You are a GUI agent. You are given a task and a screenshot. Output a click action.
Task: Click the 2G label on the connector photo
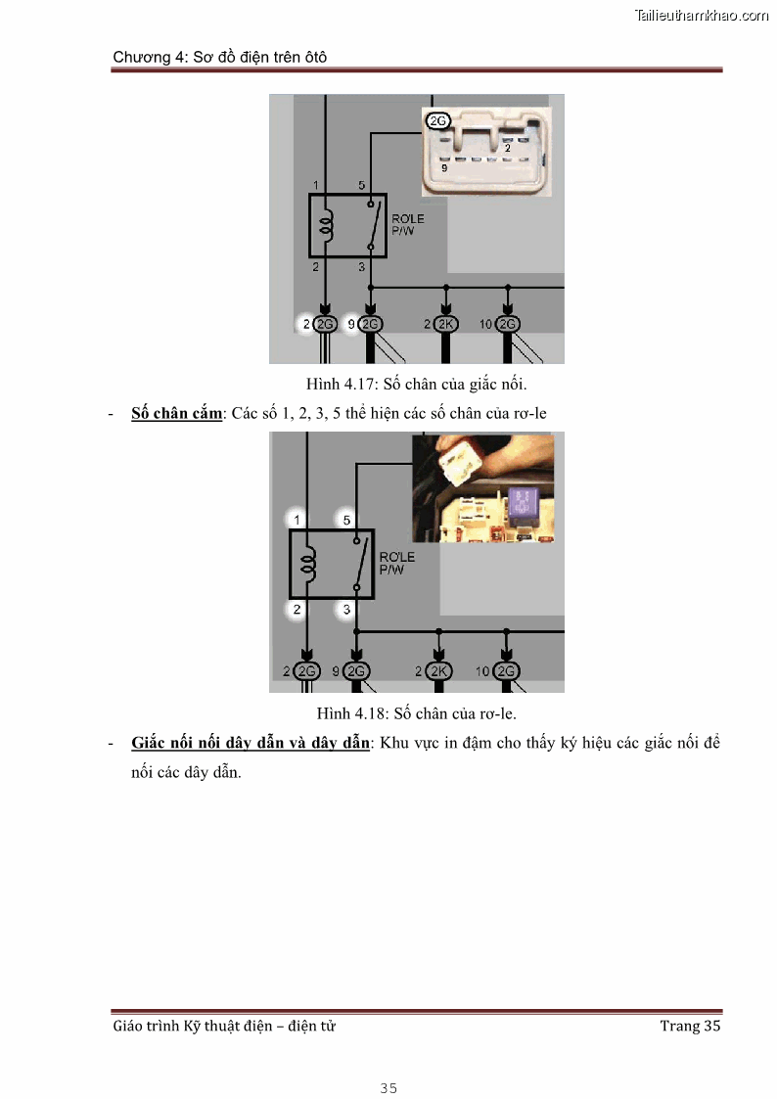point(437,120)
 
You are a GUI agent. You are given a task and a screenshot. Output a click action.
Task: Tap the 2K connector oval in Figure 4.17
point(447,324)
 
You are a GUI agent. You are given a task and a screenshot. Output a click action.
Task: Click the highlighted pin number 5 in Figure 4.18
point(344,519)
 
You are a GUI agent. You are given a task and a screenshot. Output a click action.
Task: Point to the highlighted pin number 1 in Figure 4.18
point(297,519)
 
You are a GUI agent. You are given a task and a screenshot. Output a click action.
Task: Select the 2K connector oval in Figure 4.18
point(439,671)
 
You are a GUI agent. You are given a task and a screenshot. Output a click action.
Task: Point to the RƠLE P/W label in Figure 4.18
point(396,563)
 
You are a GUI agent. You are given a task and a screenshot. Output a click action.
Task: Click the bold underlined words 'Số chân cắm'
point(176,413)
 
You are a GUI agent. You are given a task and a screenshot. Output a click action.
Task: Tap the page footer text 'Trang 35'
point(690,1026)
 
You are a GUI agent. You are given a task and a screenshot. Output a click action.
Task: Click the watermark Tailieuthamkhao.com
point(702,16)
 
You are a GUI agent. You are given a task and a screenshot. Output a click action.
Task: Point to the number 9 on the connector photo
point(444,168)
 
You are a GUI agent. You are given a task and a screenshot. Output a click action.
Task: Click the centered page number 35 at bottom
point(388,1088)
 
